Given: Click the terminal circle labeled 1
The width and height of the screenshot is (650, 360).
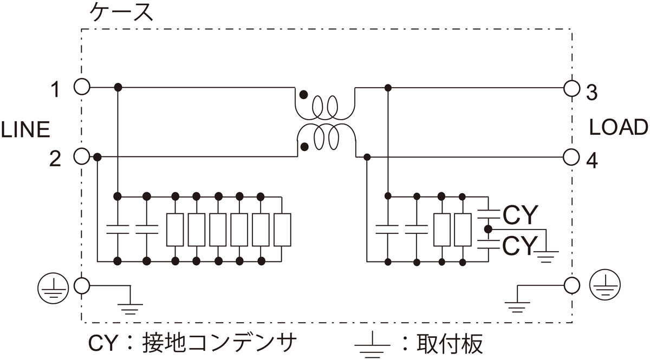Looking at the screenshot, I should [81, 87].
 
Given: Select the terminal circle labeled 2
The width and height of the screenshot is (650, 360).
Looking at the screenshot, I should [81, 157].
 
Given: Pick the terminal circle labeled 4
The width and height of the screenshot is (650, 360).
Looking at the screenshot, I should [571, 157].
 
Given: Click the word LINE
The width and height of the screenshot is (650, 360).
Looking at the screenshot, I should [25, 130].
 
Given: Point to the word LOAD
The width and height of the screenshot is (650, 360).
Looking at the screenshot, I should [618, 128].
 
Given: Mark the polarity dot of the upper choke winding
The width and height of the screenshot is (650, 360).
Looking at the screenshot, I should [304, 95].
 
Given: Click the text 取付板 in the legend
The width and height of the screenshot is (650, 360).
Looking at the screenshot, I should [450, 343].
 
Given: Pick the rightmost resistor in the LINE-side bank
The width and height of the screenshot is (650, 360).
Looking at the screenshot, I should [282, 230].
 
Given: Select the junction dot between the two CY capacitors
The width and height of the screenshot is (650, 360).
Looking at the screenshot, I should [488, 229].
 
